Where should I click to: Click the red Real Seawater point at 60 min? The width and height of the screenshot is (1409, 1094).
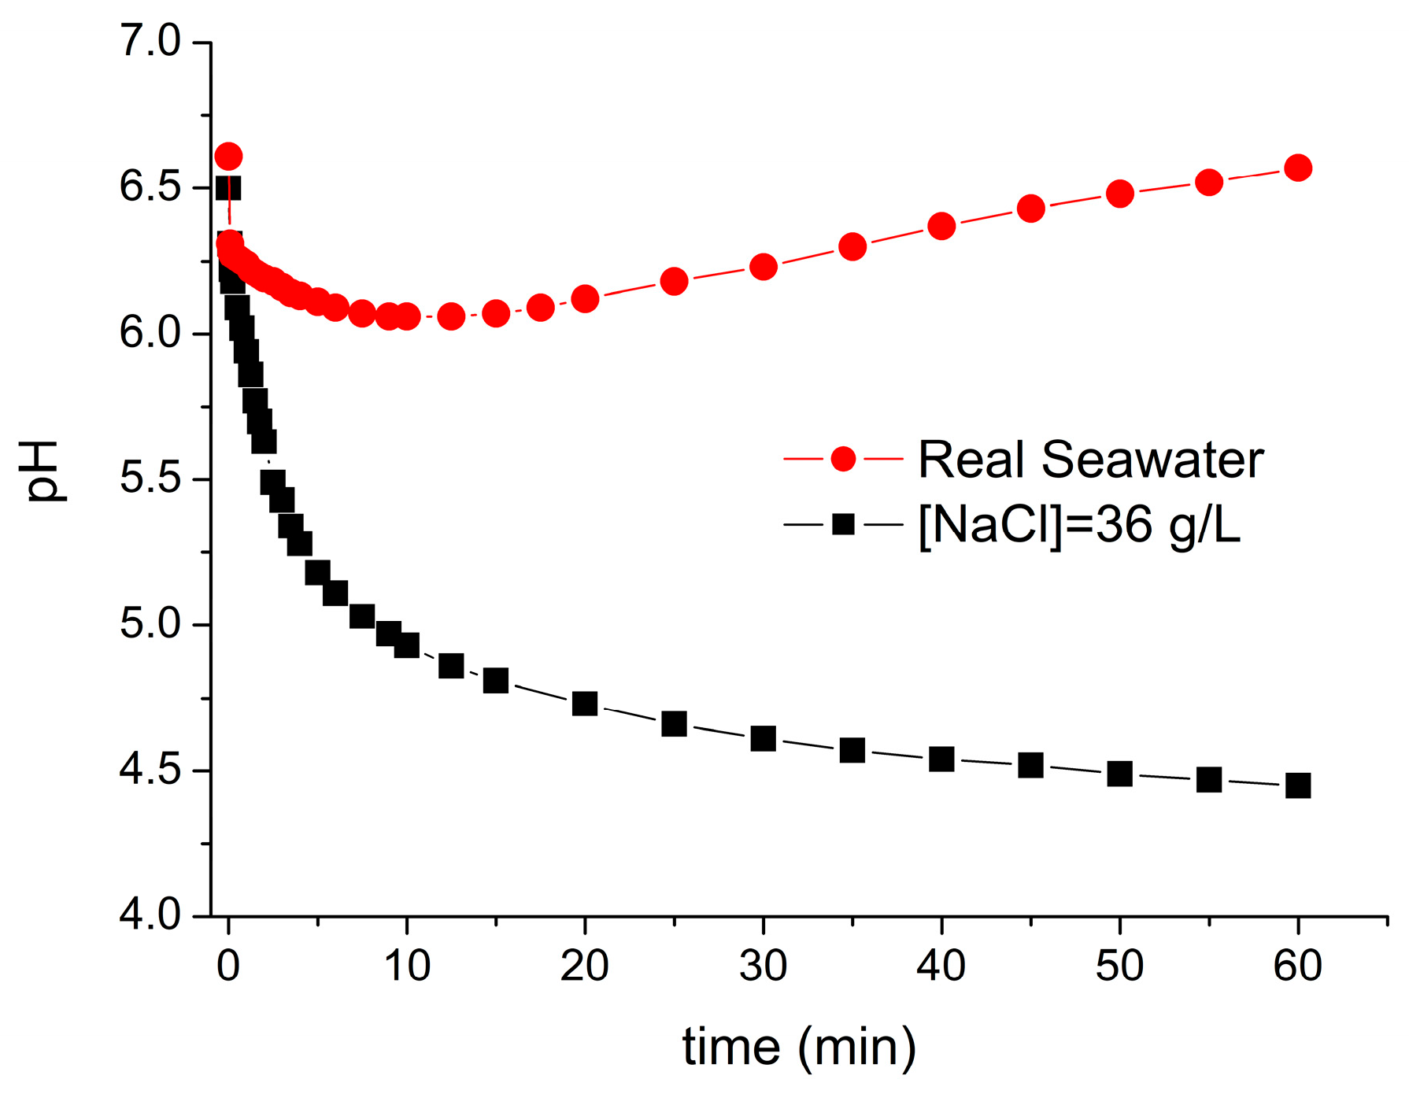[x=1298, y=168]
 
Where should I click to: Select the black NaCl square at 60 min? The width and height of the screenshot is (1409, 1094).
[x=1298, y=785]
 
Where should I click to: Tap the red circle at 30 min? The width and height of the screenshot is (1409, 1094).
[x=763, y=267]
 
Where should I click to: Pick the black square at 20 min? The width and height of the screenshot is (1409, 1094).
[x=585, y=703]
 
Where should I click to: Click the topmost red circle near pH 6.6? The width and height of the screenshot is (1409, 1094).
[x=228, y=156]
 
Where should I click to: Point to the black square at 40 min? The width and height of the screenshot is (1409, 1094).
[x=941, y=759]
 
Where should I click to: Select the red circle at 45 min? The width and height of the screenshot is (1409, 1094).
[x=1030, y=209]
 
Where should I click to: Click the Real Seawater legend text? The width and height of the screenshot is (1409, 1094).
[x=1090, y=459]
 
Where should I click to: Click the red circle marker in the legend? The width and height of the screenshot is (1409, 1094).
[x=843, y=459]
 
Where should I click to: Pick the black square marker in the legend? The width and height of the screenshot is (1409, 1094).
[x=843, y=523]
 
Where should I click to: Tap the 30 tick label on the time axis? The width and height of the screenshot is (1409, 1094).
[x=763, y=965]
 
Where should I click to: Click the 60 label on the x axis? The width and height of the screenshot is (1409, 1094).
[x=1298, y=965]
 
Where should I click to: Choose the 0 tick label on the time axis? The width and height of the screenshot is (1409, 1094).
[x=228, y=965]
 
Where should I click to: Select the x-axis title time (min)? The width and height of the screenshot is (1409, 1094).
[x=799, y=1048]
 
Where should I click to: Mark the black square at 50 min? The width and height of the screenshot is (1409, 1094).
[x=1119, y=773]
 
